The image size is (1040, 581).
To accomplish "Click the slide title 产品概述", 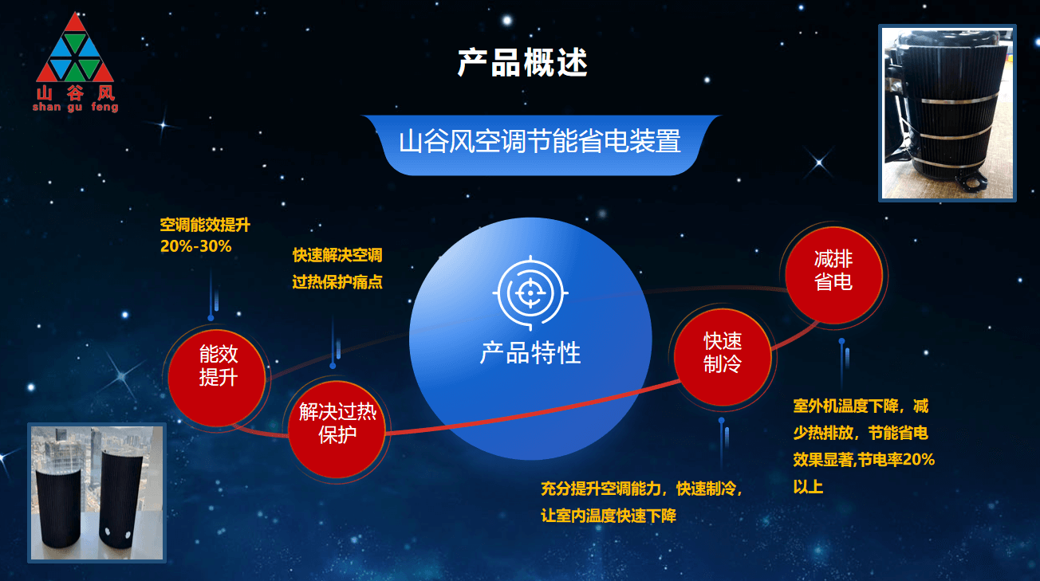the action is pyautogui.click(x=522, y=63).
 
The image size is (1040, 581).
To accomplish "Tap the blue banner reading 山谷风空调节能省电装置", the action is pyautogui.click(x=540, y=145).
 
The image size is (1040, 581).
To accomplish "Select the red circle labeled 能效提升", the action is pyautogui.click(x=216, y=378).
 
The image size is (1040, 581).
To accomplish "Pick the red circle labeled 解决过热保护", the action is pyautogui.click(x=337, y=430).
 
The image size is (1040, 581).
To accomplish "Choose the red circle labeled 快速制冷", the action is pyautogui.click(x=723, y=357).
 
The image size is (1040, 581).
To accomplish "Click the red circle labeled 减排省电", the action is pyautogui.click(x=833, y=275).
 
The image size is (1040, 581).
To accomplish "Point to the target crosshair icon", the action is pyautogui.click(x=530, y=292).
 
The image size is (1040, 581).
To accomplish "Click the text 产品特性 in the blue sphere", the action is pyautogui.click(x=530, y=353).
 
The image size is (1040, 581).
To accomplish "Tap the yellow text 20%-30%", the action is pyautogui.click(x=195, y=246).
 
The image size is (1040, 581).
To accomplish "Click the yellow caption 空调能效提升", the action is pyautogui.click(x=205, y=225).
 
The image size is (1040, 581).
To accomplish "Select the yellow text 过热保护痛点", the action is pyautogui.click(x=337, y=282).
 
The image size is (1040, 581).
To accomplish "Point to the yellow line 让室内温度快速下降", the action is pyautogui.click(x=609, y=516).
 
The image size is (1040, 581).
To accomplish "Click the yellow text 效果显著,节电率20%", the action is pyautogui.click(x=864, y=460).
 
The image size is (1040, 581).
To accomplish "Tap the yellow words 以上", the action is pyautogui.click(x=808, y=487).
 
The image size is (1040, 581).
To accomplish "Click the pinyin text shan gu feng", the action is pyautogui.click(x=75, y=108).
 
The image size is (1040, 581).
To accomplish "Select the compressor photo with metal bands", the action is pyautogui.click(x=947, y=112).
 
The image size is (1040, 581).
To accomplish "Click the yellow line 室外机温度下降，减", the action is pyautogui.click(x=861, y=406).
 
